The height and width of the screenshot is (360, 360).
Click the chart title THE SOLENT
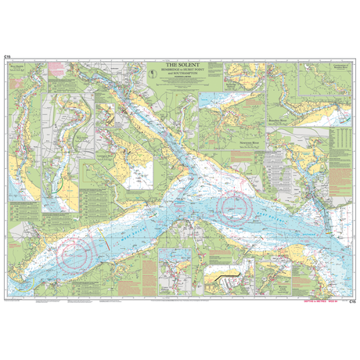point(179,65)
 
